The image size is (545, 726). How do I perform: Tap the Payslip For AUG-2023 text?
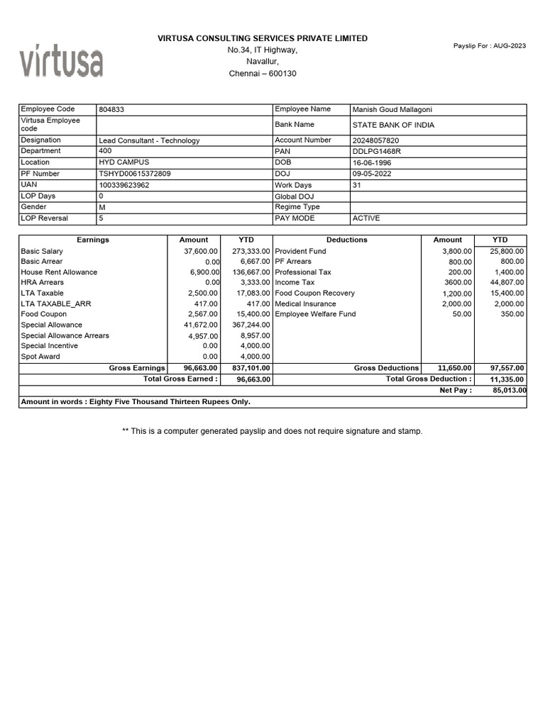click(x=490, y=46)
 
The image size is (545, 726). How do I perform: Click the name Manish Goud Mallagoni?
click(x=392, y=110)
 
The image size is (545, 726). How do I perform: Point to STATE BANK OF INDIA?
click(x=393, y=125)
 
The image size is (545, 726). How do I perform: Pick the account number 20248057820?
click(x=376, y=140)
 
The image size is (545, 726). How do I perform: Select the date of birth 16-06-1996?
click(x=372, y=162)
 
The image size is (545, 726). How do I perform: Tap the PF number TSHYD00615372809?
click(x=135, y=174)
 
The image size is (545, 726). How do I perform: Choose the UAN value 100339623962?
click(x=124, y=185)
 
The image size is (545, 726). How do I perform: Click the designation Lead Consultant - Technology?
click(x=149, y=140)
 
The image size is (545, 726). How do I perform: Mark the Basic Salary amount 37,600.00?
click(x=202, y=252)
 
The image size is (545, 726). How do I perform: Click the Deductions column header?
click(x=347, y=240)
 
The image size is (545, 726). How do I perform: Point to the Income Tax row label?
click(x=294, y=283)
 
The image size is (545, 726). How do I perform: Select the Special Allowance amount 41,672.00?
click(x=202, y=325)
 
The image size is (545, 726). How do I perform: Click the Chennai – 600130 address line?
click(x=263, y=74)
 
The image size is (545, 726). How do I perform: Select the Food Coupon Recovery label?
click(x=314, y=294)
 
